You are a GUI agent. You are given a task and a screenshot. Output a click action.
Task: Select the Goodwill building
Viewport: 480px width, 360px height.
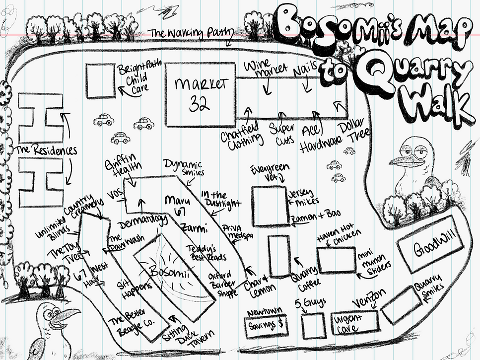click(x=430, y=247)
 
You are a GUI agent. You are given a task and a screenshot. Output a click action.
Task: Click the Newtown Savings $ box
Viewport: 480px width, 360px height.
click(x=267, y=323)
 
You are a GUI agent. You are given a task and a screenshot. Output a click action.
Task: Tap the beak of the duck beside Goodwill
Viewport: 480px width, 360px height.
click(x=401, y=160)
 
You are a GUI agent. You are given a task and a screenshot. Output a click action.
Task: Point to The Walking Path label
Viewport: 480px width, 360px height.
click(x=191, y=33)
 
